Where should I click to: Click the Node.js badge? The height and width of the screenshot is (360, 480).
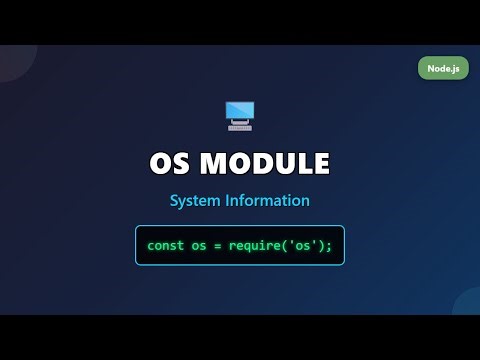[443, 68]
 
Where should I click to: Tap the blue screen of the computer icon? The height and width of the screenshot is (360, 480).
[240, 111]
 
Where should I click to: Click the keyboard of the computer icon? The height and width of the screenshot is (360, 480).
[240, 127]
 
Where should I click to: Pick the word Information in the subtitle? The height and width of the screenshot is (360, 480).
[271, 201]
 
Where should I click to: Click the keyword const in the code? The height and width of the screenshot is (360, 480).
[167, 245]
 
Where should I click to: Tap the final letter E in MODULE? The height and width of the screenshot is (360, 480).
[321, 163]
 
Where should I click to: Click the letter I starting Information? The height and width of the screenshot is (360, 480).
[234, 201]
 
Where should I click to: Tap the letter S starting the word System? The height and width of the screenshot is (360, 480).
[174, 201]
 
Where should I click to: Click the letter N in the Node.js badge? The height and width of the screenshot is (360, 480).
[427, 68]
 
